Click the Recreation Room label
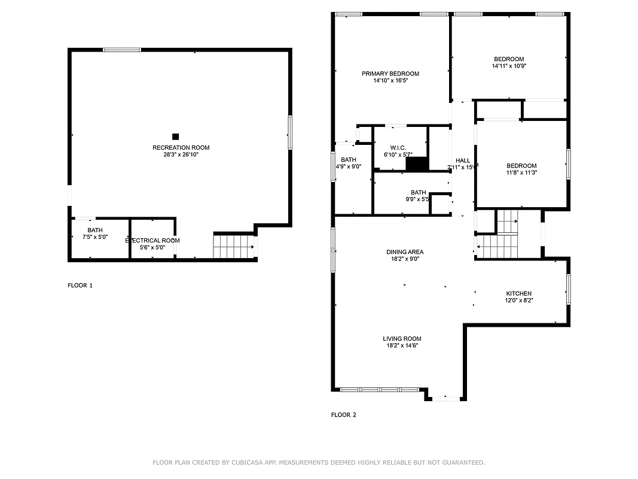point(181,147)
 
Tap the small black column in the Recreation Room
point(175,137)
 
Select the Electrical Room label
point(152,240)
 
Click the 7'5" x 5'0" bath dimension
point(94,237)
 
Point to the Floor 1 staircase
point(233,246)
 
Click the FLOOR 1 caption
point(80,286)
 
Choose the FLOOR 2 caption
point(343,414)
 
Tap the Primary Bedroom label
point(390,74)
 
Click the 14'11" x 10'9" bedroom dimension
point(508,66)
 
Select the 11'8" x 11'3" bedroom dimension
point(521,173)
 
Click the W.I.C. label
point(398,147)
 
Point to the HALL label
point(463,160)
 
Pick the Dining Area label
point(404,252)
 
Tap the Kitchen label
point(518,293)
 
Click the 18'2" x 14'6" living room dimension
point(402,345)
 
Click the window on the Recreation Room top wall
point(122,50)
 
